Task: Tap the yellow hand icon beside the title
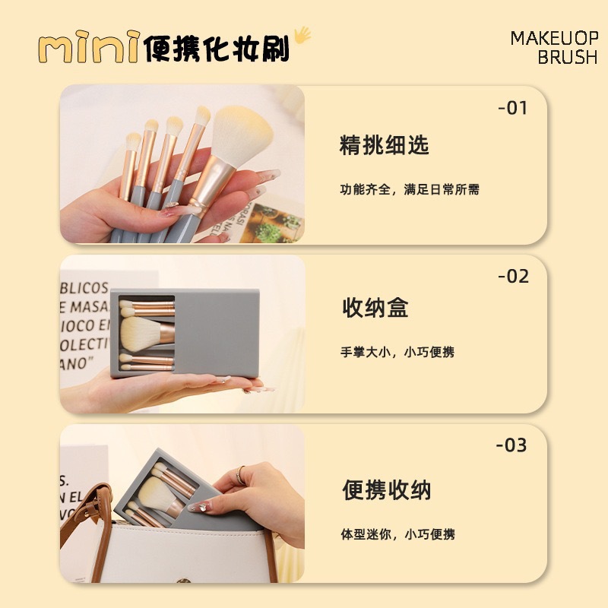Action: click(302, 36)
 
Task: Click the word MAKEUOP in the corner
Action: click(554, 38)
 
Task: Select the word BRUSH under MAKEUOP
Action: click(567, 58)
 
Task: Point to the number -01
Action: click(512, 108)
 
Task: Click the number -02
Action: click(513, 277)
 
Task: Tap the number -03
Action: click(512, 445)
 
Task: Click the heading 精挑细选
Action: click(384, 144)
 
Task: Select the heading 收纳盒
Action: click(375, 308)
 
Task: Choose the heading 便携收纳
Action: click(386, 490)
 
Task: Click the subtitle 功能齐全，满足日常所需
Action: click(409, 190)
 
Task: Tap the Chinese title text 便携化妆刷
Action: click(217, 47)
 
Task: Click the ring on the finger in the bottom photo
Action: click(241, 476)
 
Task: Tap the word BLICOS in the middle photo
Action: click(85, 288)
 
